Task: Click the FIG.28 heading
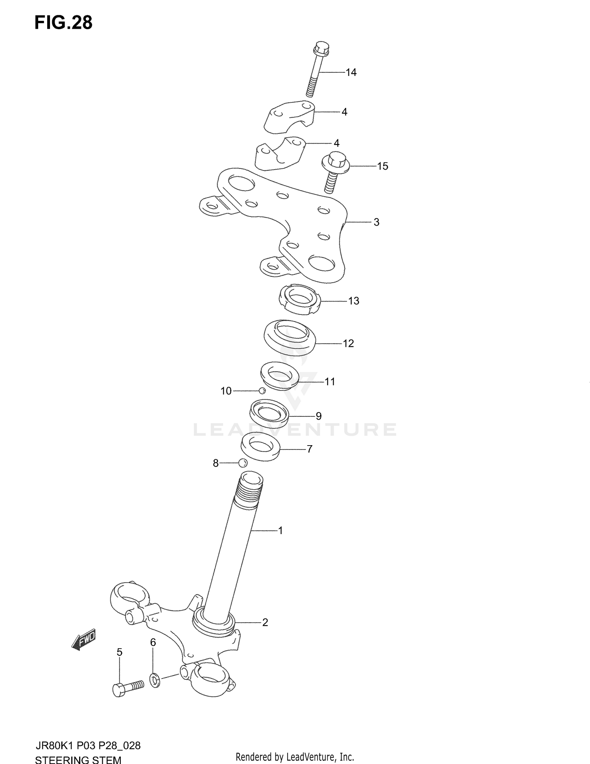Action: [x=63, y=23]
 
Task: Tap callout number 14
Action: [x=351, y=72]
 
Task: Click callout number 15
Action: [x=382, y=166]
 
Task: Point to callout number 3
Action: [x=376, y=222]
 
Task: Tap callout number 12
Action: [x=348, y=344]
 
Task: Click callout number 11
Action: [x=330, y=381]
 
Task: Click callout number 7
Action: [x=310, y=449]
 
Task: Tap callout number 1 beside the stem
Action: [x=280, y=531]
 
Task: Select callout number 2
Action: [x=265, y=622]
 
